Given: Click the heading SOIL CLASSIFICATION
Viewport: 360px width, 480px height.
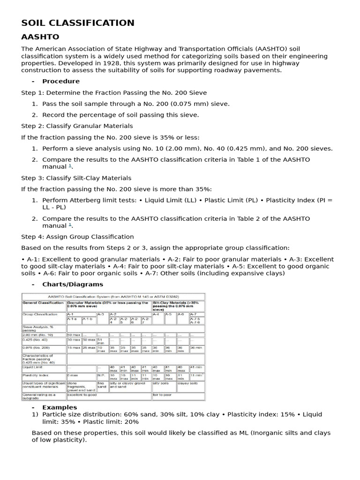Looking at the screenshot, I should click(x=78, y=23).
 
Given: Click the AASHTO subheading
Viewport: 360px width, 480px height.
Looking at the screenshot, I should click(x=40, y=37).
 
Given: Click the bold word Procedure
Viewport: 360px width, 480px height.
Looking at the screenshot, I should click(x=61, y=81).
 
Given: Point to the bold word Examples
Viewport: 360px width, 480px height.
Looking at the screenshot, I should click(x=60, y=407).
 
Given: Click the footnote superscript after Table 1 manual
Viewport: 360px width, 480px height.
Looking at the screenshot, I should click(x=70, y=165).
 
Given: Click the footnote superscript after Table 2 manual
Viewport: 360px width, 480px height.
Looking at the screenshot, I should click(x=70, y=225).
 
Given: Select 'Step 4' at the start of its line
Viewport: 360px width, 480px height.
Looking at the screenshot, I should click(x=31, y=237).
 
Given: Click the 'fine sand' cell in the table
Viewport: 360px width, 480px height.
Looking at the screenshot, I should click(x=102, y=385).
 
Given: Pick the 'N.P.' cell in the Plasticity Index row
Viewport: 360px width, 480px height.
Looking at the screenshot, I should click(x=101, y=375).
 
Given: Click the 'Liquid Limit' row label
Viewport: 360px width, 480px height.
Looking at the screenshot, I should click(x=33, y=367).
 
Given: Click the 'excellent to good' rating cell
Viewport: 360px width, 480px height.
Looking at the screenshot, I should click(x=82, y=395).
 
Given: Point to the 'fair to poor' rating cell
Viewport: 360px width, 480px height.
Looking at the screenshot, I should click(x=162, y=395).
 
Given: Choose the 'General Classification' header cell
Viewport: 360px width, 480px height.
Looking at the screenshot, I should click(x=43, y=303).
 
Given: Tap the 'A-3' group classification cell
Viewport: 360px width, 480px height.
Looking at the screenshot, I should click(x=101, y=314).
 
